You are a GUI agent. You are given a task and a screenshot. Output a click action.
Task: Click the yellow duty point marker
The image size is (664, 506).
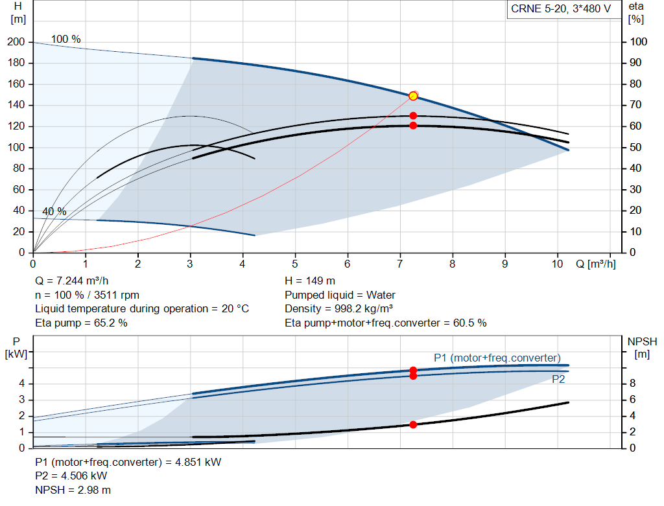click(x=413, y=96)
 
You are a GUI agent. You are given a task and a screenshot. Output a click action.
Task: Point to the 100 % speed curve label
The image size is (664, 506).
click(x=65, y=39)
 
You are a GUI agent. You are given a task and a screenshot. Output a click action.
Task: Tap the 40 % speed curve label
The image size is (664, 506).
click(x=54, y=211)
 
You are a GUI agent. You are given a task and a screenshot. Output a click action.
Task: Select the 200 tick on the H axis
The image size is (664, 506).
click(x=16, y=42)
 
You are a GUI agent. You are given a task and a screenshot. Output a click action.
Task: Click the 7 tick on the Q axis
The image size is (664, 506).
click(x=399, y=264)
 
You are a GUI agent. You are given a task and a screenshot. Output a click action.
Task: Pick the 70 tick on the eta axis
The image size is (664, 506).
click(x=635, y=104)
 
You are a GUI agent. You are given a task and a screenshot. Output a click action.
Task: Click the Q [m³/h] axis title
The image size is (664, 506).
click(x=595, y=264)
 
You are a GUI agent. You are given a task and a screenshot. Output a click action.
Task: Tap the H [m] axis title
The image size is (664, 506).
click(x=18, y=13)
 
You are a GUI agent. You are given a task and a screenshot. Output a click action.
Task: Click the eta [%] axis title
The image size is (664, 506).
click(x=636, y=13)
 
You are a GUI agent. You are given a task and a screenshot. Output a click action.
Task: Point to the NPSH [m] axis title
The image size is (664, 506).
click(x=642, y=347)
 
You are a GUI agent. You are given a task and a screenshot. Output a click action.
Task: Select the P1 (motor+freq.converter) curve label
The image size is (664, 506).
click(x=497, y=358)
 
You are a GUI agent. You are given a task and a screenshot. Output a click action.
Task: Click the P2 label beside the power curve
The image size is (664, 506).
click(x=558, y=379)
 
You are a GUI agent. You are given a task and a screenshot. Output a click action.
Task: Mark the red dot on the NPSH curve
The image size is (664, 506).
click(x=413, y=424)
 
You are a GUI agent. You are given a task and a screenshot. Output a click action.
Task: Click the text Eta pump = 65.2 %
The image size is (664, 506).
click(x=81, y=323)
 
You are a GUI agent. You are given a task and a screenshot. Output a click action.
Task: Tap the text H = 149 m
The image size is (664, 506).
click(x=310, y=281)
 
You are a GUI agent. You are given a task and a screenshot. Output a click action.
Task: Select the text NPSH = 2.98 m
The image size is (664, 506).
click(x=73, y=490)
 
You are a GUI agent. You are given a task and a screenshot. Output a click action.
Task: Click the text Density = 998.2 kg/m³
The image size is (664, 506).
click(x=338, y=308)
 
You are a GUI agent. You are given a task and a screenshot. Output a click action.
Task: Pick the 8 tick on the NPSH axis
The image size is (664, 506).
click(x=632, y=383)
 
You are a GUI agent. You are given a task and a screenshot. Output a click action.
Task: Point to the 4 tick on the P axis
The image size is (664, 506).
click(x=21, y=384)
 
